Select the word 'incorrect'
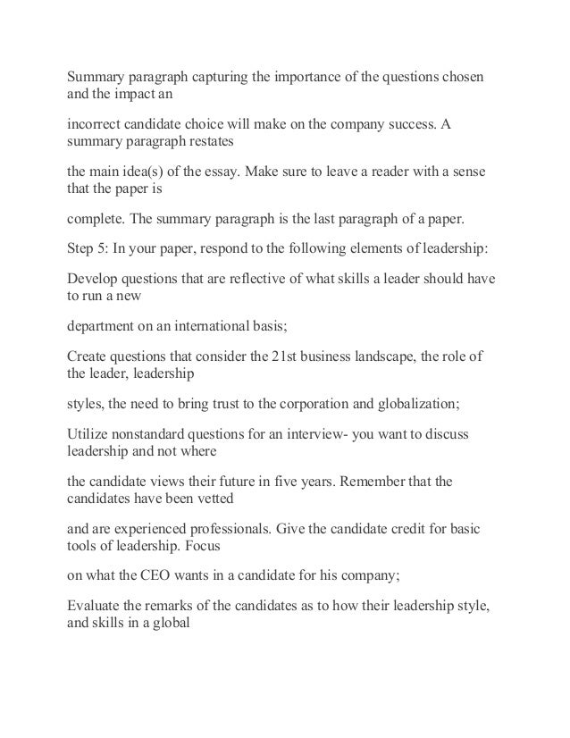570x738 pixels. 95,121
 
